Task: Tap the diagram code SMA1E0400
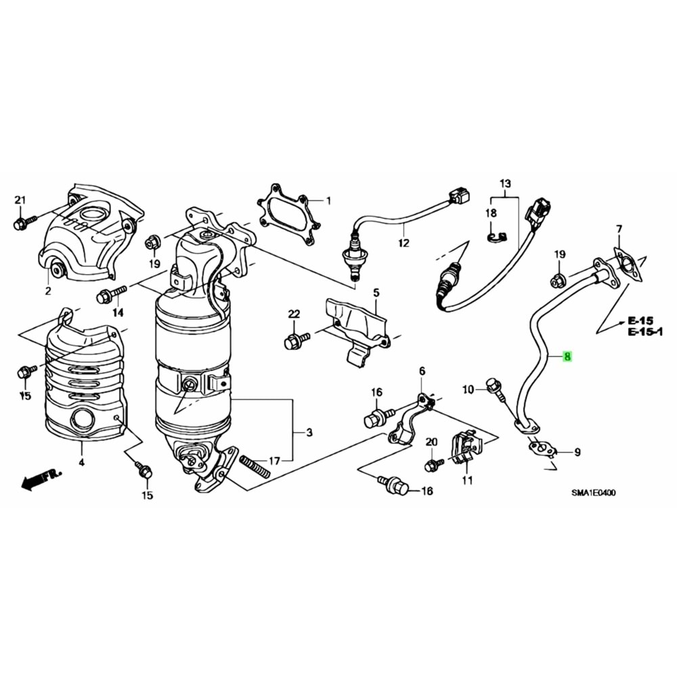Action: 594,494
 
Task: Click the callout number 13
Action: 506,183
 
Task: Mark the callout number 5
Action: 376,293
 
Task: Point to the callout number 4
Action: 81,463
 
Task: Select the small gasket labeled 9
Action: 542,447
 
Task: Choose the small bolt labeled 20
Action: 434,464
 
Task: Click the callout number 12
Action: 403,242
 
